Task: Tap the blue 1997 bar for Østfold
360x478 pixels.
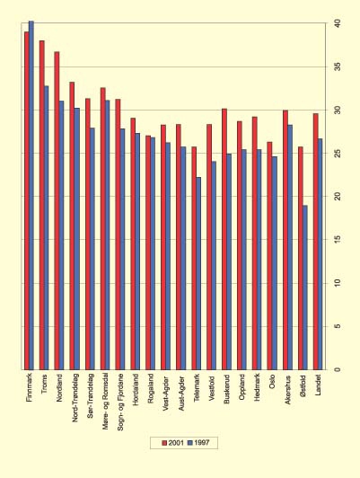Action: point(305,288)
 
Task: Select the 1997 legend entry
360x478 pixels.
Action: point(199,443)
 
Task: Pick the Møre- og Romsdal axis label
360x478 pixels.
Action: point(104,403)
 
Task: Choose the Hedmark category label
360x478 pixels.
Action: point(256,391)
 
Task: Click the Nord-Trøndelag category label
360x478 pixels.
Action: point(74,401)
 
